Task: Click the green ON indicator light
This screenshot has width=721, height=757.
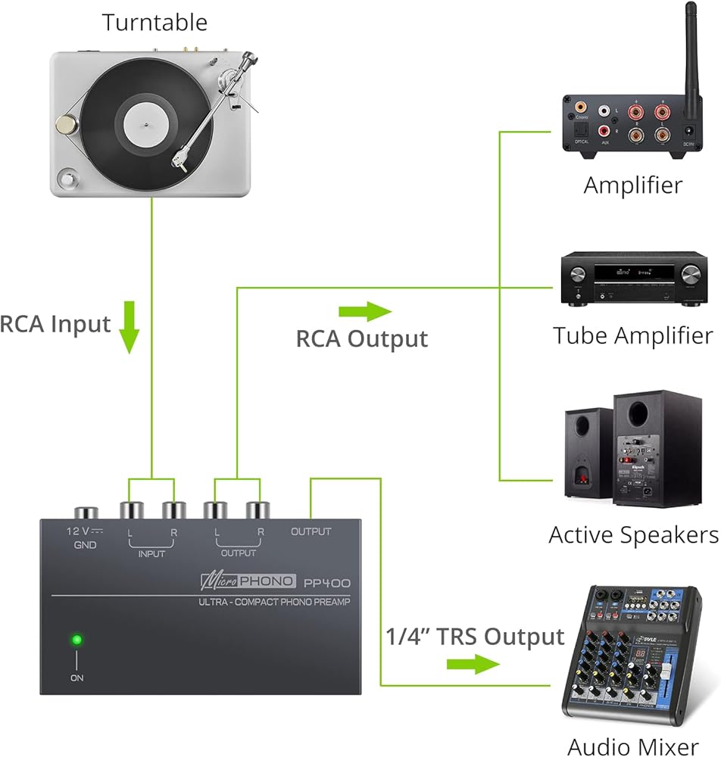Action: pyautogui.click(x=76, y=640)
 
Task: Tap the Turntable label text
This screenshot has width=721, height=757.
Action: pyautogui.click(x=154, y=22)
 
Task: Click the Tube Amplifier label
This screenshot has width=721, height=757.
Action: pyautogui.click(x=632, y=335)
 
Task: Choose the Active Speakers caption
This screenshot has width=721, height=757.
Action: pyautogui.click(x=633, y=535)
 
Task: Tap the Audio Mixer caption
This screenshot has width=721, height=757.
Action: pyautogui.click(x=633, y=746)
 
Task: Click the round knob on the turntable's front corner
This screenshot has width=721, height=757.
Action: pyautogui.click(x=68, y=179)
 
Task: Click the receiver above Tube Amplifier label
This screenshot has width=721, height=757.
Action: pyautogui.click(x=632, y=281)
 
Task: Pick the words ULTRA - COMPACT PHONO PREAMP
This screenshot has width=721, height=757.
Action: pyautogui.click(x=276, y=603)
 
